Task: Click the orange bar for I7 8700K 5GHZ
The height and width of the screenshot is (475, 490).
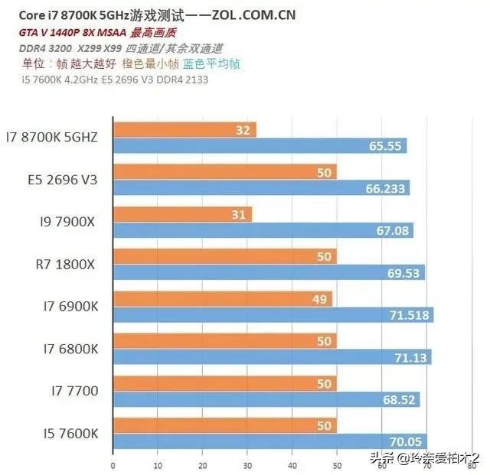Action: coord(184,130)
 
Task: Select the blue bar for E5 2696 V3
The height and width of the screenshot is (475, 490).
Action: coord(261,188)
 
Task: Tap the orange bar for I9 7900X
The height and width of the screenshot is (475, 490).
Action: coord(182,215)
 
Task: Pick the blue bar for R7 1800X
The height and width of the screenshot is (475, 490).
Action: coord(268,272)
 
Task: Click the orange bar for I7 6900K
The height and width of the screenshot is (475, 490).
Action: coord(222,299)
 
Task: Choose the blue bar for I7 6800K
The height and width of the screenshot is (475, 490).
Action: coord(272,357)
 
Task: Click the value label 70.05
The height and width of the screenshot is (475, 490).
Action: coord(405,441)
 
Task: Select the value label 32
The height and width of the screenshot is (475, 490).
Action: coord(243,130)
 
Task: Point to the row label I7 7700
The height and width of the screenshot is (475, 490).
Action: coord(72,392)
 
